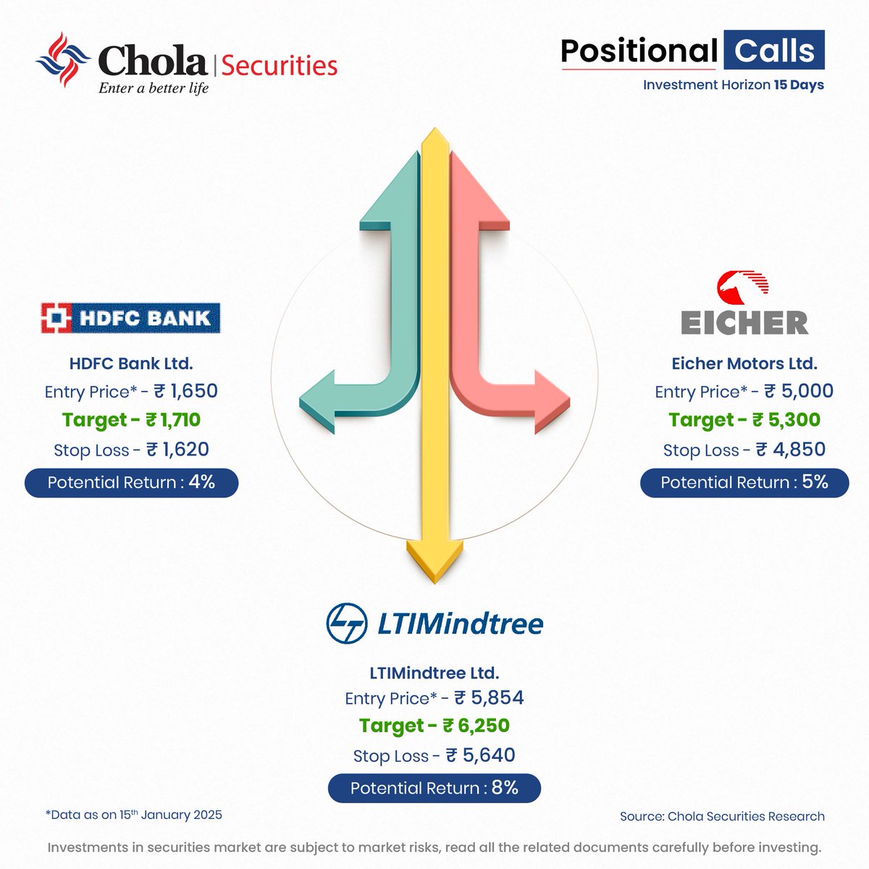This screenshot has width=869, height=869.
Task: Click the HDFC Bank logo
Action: click(130, 318)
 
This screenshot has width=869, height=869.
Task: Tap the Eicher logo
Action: click(744, 303)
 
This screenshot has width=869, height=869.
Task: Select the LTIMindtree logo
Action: click(434, 624)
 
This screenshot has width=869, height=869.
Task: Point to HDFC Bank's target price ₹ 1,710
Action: click(173, 420)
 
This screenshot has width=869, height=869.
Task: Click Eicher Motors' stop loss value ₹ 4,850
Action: click(791, 450)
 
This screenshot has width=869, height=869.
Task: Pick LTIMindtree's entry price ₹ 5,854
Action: click(489, 698)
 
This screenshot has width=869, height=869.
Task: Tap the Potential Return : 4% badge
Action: click(131, 482)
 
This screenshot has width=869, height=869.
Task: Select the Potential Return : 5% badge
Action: click(744, 482)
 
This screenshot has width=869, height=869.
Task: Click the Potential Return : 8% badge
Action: click(434, 788)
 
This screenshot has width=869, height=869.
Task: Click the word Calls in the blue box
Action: click(774, 51)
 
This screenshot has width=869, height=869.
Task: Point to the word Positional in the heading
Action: click(639, 51)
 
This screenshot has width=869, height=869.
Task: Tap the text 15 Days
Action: click(799, 85)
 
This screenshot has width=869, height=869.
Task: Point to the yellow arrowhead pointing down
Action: click(434, 561)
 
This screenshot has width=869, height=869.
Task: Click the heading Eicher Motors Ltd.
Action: click(744, 363)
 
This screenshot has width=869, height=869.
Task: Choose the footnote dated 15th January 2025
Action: click(134, 815)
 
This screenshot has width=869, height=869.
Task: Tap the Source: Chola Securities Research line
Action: click(722, 816)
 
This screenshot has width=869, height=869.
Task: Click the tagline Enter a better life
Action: click(154, 88)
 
